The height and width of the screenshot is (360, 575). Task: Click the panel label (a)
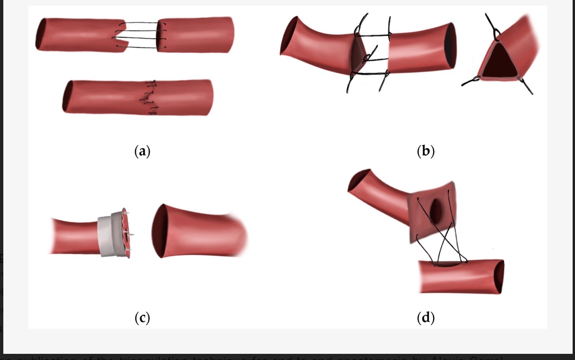[142, 151]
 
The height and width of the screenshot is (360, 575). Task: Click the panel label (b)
[425, 151]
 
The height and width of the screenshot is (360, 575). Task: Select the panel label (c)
[142, 317]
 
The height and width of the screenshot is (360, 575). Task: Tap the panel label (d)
[425, 317]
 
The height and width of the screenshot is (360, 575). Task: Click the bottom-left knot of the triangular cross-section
[471, 83]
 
